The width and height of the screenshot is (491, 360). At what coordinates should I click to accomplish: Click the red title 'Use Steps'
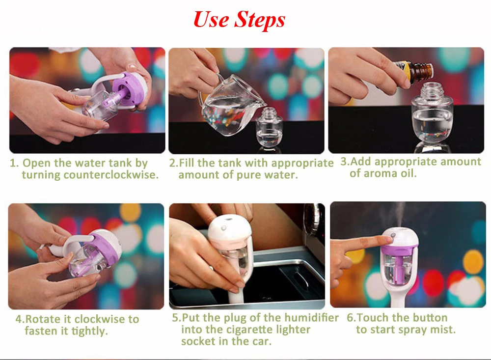239,20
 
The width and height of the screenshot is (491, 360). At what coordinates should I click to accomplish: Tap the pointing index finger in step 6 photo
360,243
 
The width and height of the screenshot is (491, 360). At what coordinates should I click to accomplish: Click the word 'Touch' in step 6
373,318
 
